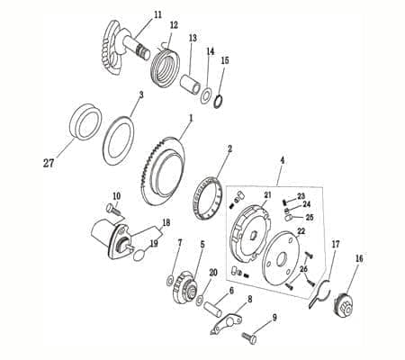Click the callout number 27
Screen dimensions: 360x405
point(48,164)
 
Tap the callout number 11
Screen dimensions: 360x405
point(157,15)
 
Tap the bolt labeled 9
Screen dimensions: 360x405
point(248,337)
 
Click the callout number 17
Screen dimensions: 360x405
point(336,243)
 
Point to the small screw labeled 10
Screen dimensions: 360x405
point(112,209)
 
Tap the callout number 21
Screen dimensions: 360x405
point(267,194)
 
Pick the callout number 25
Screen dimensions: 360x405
point(310,217)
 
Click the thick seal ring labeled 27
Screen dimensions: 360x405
point(85,123)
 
